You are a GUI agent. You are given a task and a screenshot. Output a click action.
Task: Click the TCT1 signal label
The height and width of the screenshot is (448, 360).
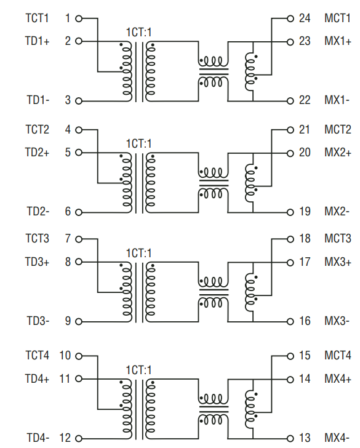[37, 18]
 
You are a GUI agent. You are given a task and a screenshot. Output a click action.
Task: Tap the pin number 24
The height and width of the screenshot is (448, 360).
[305, 18]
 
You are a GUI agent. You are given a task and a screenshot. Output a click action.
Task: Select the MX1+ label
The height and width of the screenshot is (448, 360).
[338, 42]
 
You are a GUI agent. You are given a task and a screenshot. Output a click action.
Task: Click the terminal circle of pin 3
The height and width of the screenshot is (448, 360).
[79, 101]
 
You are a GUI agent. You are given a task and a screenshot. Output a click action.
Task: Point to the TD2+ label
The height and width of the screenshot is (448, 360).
[37, 153]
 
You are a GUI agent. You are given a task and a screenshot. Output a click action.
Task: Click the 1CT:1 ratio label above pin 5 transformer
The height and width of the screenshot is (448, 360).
[138, 143]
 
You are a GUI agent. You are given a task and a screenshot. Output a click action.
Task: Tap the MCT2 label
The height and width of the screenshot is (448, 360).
[338, 130]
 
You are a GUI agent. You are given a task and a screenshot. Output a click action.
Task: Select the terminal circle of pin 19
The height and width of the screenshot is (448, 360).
[290, 212]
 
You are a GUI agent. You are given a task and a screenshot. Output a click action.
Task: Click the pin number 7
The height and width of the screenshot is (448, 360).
[68, 239]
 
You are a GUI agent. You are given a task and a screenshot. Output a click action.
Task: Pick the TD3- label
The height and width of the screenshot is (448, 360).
[38, 321]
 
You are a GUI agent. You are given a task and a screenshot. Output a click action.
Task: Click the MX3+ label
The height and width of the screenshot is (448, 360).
[338, 262]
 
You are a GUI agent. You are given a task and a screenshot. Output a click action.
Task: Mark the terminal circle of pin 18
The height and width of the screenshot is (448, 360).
[290, 239]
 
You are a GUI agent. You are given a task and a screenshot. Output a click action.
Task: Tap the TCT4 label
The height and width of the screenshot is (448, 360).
[37, 356]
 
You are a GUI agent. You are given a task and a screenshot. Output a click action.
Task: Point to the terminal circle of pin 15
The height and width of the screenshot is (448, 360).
[290, 356]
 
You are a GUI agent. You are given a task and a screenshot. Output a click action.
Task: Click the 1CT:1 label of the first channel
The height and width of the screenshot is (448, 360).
[138, 32]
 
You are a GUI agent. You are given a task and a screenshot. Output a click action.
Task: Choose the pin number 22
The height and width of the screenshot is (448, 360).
[305, 100]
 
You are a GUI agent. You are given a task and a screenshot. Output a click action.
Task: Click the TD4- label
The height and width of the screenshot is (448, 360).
[38, 438]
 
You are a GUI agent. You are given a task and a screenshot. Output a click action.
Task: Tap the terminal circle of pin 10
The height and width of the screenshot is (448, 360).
[79, 356]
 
